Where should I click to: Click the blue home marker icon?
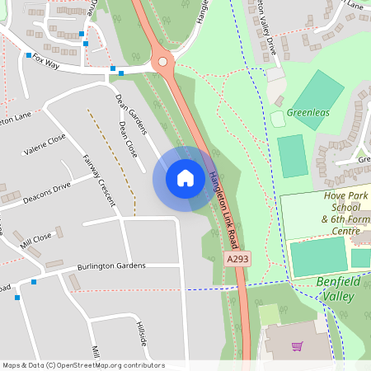pos(185,178)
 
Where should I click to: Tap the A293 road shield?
pos(237,259)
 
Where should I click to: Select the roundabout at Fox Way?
pos(162,61)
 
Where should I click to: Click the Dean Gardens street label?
pos(130,113)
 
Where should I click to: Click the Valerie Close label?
pos(45,145)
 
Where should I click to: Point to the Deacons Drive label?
pos(47,192)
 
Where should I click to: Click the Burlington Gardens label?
pos(112,265)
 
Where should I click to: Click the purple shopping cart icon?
pos(296,346)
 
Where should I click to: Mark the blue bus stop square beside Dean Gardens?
pos(122,73)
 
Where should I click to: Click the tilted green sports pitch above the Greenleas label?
pos(317,99)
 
